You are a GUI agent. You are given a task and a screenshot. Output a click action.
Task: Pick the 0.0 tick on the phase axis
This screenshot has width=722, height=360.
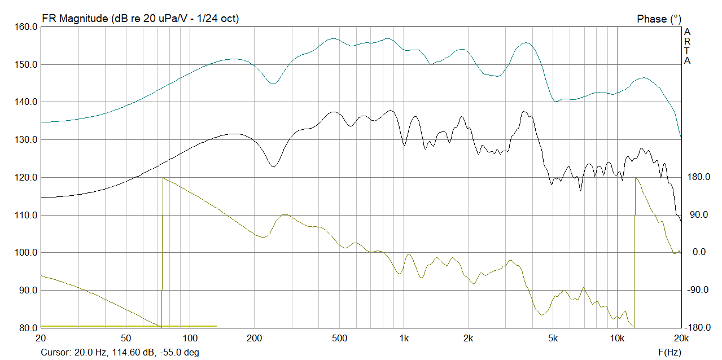point(699,252)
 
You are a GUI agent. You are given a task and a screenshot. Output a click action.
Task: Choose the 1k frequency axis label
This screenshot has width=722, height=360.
point(404,338)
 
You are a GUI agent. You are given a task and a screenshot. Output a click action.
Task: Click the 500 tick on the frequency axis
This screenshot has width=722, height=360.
point(339,338)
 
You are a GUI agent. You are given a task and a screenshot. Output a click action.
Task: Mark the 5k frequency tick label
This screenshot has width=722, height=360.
point(553,338)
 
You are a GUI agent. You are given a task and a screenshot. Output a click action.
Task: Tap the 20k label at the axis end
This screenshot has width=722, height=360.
point(681,338)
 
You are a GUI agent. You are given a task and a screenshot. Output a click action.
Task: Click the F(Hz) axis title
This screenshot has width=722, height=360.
point(670,352)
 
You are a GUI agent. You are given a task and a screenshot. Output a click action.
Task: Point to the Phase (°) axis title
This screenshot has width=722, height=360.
point(659,19)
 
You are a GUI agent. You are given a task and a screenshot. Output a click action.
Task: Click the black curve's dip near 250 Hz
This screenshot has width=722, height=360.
point(273,167)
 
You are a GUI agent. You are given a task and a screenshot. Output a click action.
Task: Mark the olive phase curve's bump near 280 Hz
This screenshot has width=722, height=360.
point(285,214)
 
